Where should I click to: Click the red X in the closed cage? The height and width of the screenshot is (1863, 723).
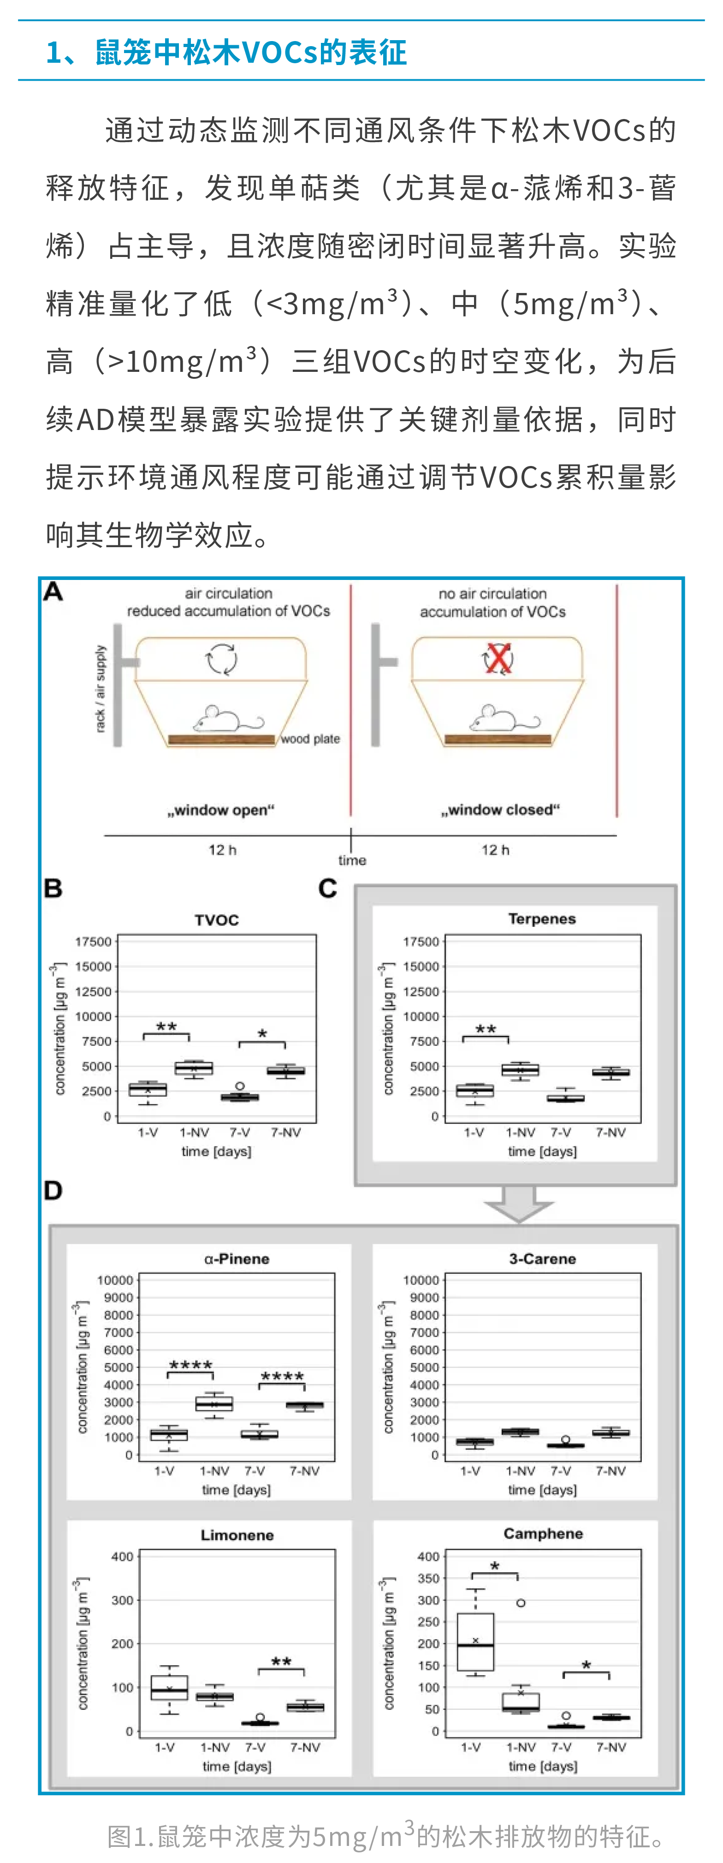pyautogui.click(x=498, y=658)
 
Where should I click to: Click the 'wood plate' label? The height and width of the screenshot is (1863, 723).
pyautogui.click(x=310, y=738)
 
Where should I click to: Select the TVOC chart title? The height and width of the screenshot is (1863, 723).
pyautogui.click(x=216, y=920)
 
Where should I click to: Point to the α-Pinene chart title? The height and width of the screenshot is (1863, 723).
pyautogui.click(x=237, y=1259)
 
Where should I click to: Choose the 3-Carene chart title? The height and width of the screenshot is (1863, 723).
pyautogui.click(x=542, y=1259)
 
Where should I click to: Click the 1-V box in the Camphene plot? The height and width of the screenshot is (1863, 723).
pyautogui.click(x=476, y=1642)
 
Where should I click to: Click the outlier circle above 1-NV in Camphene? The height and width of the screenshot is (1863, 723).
pyautogui.click(x=521, y=1603)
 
